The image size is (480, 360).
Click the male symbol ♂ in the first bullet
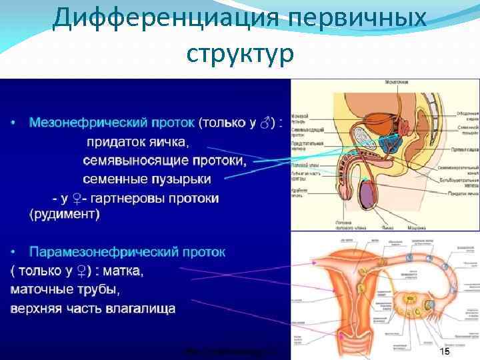pyautogui.click(x=266, y=123)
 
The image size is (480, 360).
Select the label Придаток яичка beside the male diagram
pyautogui.click(x=461, y=193)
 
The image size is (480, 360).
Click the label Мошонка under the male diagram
pyautogui.click(x=417, y=227)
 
